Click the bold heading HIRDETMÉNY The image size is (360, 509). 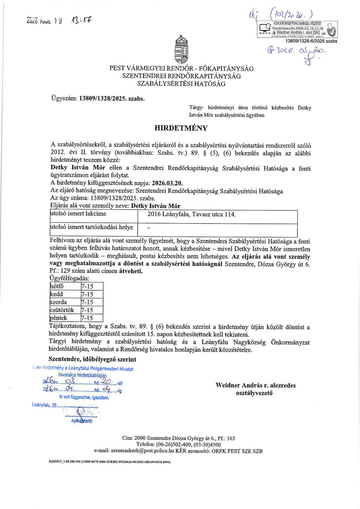point(181,128)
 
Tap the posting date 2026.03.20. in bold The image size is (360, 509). point(167,183)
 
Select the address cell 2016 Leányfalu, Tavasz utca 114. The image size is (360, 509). point(191,214)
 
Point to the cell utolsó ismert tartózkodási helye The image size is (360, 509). point(92,227)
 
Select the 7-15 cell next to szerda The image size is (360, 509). point(87,302)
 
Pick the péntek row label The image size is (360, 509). point(58,318)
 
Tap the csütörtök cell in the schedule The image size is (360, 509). point(62,310)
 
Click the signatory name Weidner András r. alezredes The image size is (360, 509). point(255,385)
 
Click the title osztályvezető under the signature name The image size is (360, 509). point(254,393)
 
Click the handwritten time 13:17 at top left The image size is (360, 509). point(81,20)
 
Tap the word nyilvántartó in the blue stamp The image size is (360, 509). point(82,421)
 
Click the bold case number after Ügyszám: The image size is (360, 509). point(112,99)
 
